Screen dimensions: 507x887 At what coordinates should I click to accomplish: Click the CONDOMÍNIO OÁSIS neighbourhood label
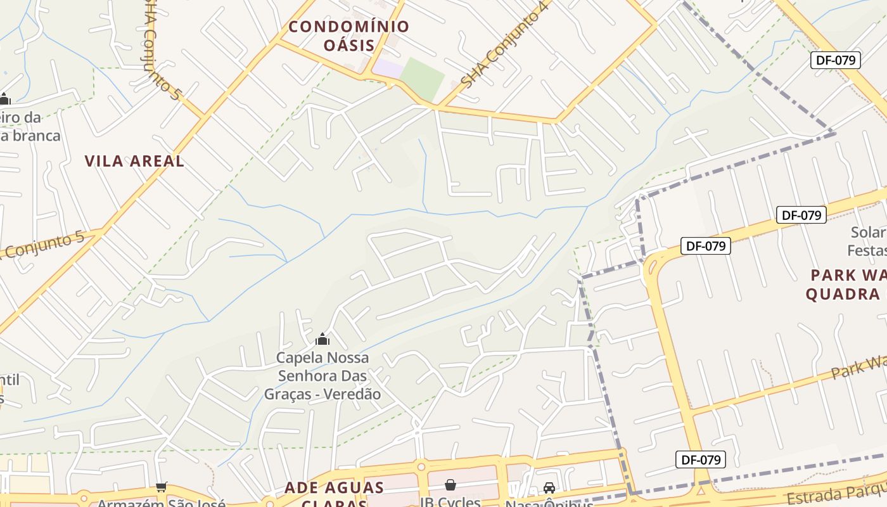(x=349, y=35)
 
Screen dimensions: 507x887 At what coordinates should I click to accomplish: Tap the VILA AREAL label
(x=134, y=161)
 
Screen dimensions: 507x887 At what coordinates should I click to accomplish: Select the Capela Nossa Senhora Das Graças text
(x=322, y=376)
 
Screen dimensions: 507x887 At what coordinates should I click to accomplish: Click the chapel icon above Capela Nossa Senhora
(x=322, y=340)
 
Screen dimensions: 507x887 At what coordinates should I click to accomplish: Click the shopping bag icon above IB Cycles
(x=450, y=485)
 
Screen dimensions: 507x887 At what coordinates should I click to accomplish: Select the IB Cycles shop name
(x=450, y=502)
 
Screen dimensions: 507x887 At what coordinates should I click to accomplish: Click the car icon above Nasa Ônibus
(x=549, y=488)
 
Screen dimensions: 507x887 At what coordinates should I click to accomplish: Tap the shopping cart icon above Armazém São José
(x=161, y=487)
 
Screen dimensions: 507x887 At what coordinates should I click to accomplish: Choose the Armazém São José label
(x=161, y=504)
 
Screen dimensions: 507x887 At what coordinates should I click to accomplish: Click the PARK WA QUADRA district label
(x=846, y=285)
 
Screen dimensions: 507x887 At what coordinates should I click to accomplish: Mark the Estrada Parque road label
(x=836, y=493)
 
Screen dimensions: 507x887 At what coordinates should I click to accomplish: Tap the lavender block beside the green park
(x=387, y=69)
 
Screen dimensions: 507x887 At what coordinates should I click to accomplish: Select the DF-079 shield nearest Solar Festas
(x=801, y=215)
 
